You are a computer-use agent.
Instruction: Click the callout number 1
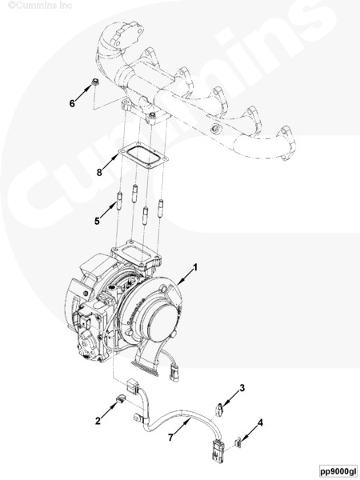point(195,268)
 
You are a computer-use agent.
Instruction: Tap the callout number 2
point(98,421)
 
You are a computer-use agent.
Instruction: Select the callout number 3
point(242,388)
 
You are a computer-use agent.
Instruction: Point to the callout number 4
point(260,423)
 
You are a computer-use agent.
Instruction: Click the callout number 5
point(97,221)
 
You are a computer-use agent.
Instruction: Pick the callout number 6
point(72,103)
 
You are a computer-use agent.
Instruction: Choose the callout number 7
point(170,438)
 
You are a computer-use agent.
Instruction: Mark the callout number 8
point(99,173)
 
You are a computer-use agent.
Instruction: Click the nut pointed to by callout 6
point(96,82)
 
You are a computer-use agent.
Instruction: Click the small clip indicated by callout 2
point(121,399)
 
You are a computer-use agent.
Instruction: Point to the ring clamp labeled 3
point(219,410)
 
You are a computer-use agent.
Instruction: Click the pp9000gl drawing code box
point(338,470)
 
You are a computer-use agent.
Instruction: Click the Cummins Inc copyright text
point(40,6)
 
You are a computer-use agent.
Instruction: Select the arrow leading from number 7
point(182,426)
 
